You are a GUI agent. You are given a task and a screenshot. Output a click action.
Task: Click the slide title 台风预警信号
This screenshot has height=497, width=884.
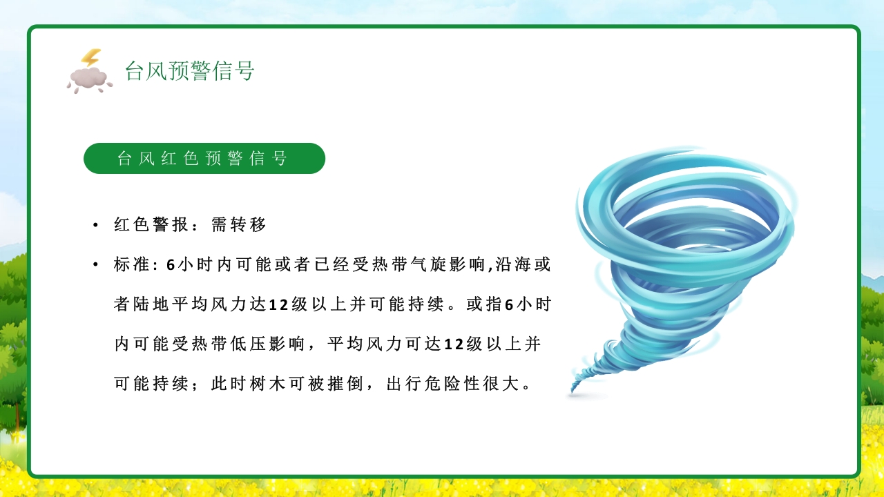tap(189, 70)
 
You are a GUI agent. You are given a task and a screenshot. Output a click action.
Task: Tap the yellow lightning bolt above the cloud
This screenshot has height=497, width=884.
tap(90, 58)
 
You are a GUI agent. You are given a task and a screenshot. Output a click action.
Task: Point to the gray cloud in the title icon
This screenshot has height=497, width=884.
tap(88, 79)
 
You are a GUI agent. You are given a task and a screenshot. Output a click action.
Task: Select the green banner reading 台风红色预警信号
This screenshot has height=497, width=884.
tap(204, 159)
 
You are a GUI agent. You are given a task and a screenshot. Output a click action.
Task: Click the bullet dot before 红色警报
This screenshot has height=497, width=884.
tap(95, 226)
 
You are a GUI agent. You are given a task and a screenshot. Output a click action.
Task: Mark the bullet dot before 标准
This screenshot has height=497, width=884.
tap(95, 266)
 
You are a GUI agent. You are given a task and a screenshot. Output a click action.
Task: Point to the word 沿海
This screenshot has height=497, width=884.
tap(514, 265)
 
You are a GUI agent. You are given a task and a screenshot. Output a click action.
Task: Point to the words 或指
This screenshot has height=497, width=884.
tap(484, 304)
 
